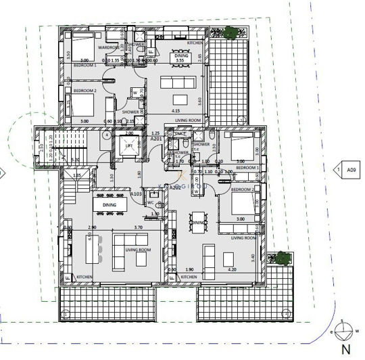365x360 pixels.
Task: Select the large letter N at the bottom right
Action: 345,350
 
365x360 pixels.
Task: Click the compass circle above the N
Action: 345,330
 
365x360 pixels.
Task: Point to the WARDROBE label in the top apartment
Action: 109,47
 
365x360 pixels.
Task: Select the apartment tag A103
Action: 136,193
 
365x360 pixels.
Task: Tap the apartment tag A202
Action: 176,187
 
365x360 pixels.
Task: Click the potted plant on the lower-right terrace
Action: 281,257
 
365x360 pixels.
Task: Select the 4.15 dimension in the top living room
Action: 176,110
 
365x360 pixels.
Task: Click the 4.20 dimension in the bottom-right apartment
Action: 232,271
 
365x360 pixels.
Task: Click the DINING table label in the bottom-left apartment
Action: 109,204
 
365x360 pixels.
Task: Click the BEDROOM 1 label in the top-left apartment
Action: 85,66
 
